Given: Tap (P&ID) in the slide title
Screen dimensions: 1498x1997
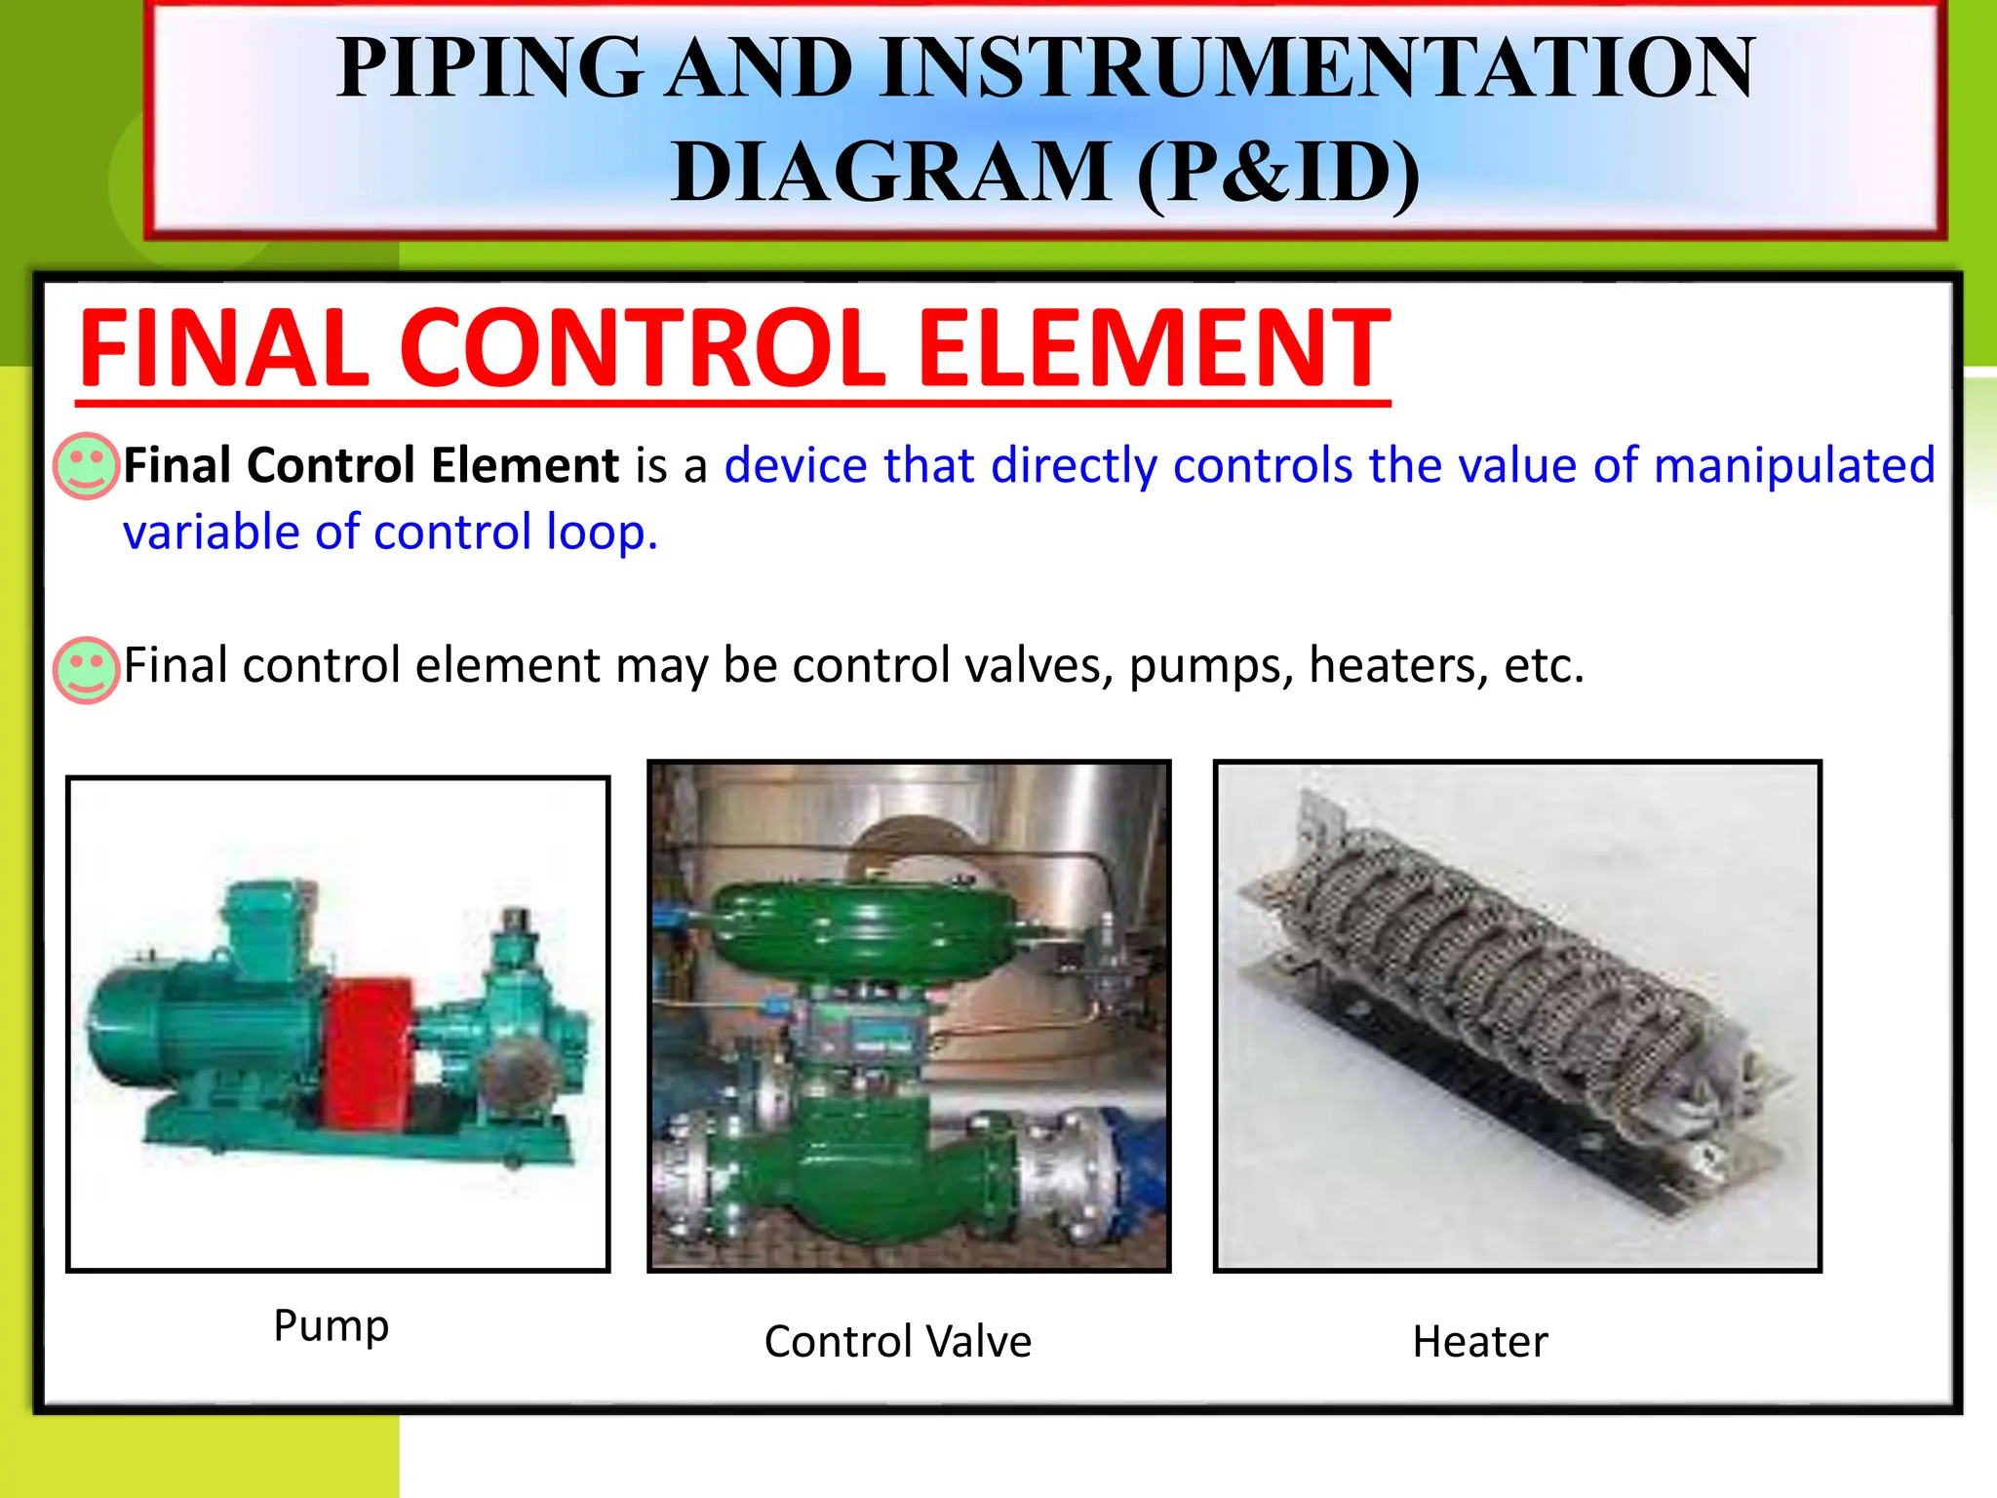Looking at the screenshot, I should point(1278,173).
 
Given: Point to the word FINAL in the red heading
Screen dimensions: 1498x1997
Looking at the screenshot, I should point(224,348).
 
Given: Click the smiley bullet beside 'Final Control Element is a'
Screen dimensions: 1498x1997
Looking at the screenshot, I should point(86,466).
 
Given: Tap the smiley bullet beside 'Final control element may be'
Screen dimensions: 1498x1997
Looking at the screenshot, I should point(86,670).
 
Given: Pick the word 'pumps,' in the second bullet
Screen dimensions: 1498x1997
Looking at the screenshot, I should point(1210,666).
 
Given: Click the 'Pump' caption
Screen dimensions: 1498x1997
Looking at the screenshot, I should point(332,1326).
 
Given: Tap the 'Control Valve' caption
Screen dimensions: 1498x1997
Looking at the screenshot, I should point(897,1342).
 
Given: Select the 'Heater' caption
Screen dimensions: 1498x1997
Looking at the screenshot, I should point(1479,1342).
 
